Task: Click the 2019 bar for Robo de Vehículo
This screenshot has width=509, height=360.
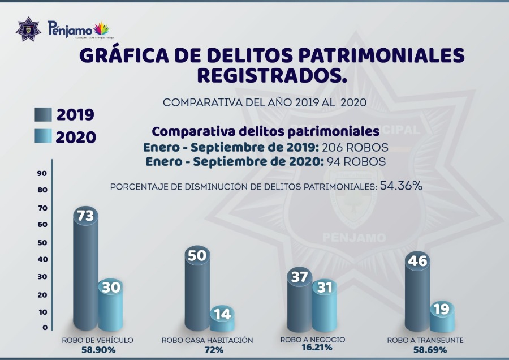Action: click(x=85, y=272)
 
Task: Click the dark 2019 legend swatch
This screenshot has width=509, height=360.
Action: click(x=42, y=115)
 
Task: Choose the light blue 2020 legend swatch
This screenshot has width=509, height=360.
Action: click(x=42, y=137)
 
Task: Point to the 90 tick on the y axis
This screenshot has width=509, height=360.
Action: click(x=42, y=173)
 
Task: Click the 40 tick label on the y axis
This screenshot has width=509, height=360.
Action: click(x=42, y=259)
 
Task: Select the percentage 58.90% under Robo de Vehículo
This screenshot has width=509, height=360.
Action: click(x=97, y=350)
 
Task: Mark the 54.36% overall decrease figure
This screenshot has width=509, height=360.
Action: click(x=401, y=186)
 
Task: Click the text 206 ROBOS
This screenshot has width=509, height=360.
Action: click(x=355, y=147)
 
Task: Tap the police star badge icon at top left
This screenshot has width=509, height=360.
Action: click(x=28, y=28)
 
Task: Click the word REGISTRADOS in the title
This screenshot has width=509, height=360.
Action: click(x=271, y=75)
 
